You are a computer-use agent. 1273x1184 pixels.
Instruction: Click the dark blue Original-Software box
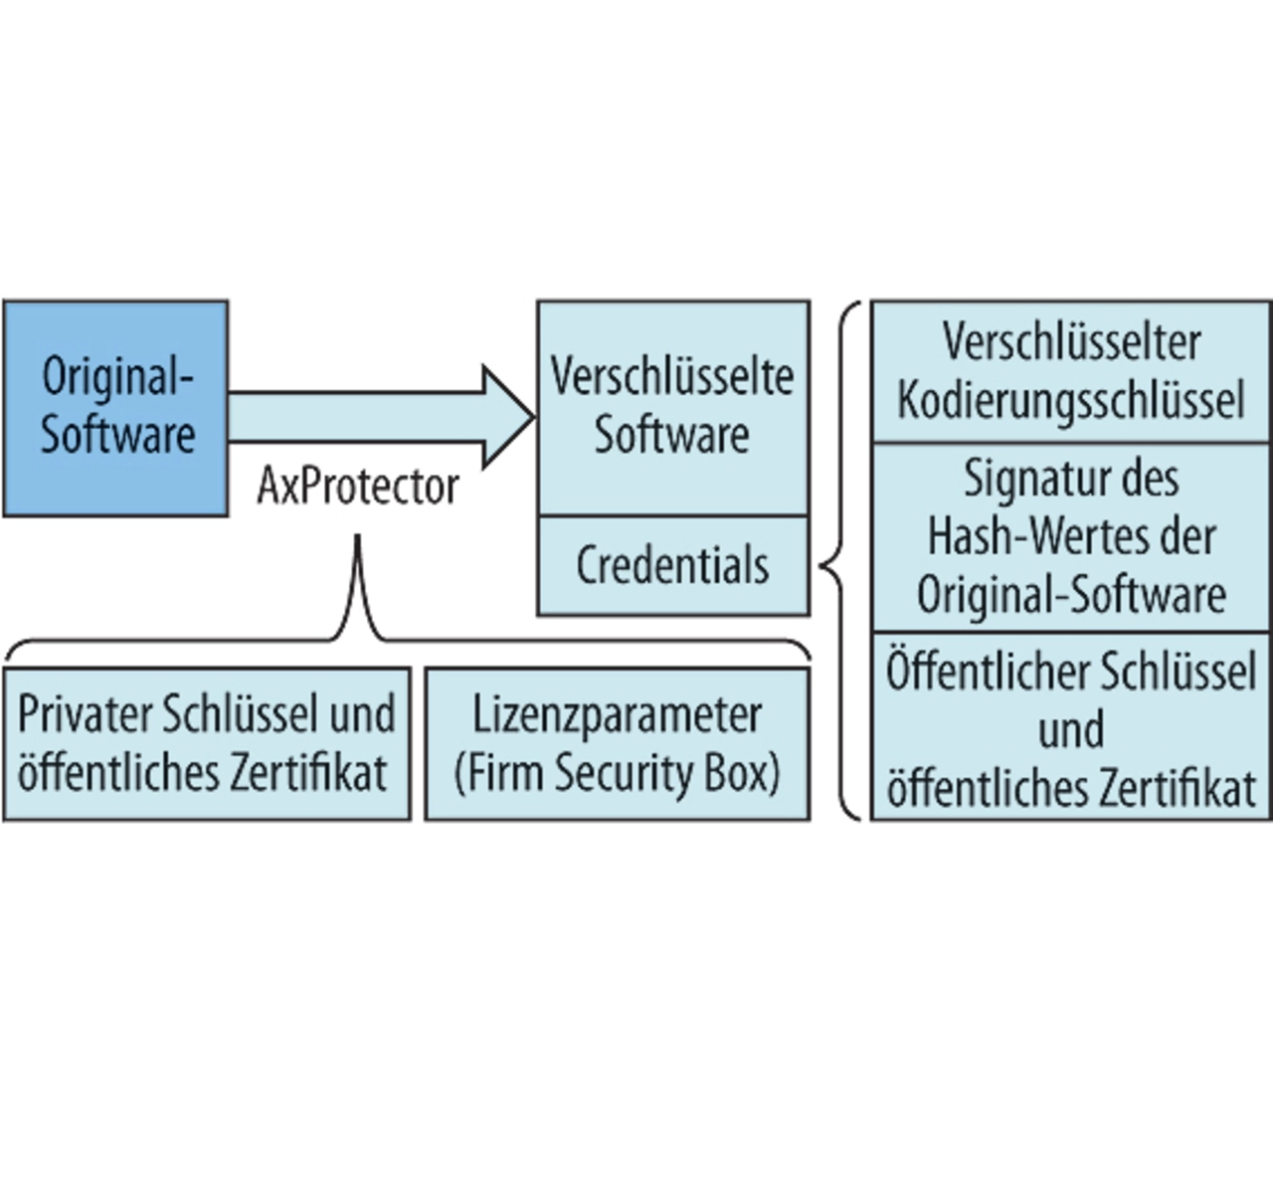tap(115, 408)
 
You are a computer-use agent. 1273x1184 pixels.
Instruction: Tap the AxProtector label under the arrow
tap(358, 487)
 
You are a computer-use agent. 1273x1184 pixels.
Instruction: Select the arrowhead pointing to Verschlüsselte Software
tap(507, 416)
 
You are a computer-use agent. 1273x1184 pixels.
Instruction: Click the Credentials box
tap(672, 565)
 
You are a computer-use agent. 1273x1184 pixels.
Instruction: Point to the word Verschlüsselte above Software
tap(672, 377)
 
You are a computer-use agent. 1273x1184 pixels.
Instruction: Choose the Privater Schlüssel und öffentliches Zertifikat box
tap(206, 743)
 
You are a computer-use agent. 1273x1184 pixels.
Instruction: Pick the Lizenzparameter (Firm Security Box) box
tap(617, 743)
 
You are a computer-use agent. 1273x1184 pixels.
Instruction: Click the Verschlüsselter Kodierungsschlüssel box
tap(1070, 371)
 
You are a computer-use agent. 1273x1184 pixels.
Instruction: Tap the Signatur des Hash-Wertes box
tap(1070, 537)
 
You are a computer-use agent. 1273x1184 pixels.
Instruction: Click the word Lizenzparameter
tap(617, 714)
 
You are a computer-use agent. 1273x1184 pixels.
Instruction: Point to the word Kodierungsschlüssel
tap(1070, 400)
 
